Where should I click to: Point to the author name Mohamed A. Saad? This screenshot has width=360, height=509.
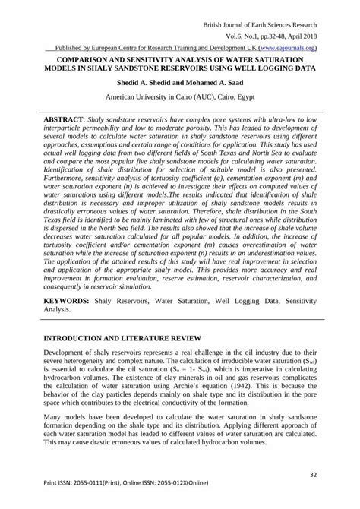(217, 83)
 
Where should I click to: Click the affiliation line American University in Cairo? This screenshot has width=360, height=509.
(180, 97)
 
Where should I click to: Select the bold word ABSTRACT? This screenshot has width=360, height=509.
(63, 121)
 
